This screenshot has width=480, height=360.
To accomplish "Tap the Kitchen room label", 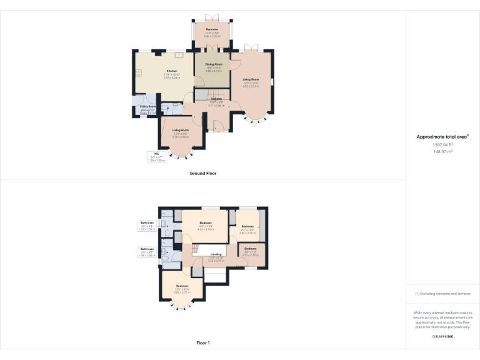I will [x=172, y=71].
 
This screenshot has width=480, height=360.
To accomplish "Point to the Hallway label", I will [x=216, y=99].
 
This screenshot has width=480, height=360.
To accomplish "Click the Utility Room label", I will [x=147, y=107].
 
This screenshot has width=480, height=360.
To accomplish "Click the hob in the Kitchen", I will [x=138, y=74].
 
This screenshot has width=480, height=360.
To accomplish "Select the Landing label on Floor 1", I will [x=216, y=254].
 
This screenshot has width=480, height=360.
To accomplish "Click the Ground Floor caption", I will [x=203, y=173].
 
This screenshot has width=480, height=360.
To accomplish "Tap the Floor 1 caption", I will [x=203, y=343].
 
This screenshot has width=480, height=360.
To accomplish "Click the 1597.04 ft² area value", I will [x=443, y=144].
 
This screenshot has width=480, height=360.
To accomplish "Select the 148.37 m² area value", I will [x=443, y=151].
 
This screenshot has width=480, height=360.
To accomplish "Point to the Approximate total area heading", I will [x=442, y=136].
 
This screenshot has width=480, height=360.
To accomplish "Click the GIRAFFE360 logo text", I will [x=443, y=337].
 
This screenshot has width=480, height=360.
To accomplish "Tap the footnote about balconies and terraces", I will [x=443, y=294].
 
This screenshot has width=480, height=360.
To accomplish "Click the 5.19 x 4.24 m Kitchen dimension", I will [x=172, y=77].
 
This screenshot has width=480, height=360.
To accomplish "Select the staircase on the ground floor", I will [x=201, y=94].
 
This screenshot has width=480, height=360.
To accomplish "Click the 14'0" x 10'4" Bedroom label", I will [x=206, y=223].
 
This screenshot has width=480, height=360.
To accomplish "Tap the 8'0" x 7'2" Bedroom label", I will [x=250, y=249].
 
